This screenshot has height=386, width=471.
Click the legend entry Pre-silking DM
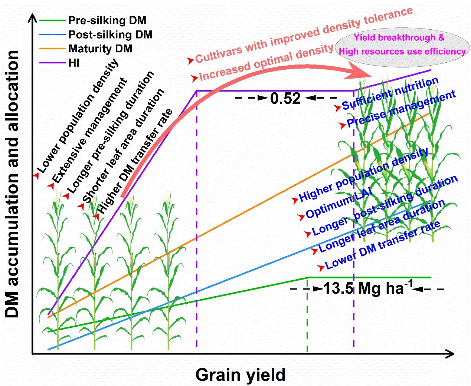107,20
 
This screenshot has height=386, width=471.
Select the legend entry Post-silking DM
110,34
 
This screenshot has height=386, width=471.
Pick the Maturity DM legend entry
100,49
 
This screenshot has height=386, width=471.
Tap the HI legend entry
74,63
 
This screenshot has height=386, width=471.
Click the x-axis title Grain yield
240,375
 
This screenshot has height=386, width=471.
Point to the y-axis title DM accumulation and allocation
13,184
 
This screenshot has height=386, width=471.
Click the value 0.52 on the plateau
285,99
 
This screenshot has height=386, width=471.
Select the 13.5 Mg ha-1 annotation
367,288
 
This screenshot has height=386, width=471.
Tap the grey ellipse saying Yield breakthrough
402,45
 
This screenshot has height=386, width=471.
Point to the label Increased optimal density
266,62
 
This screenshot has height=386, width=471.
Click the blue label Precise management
401,109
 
